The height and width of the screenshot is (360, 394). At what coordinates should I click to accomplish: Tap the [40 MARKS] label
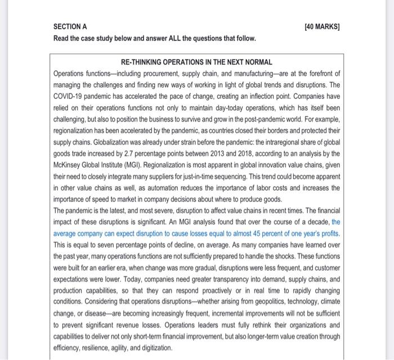[x=323, y=26]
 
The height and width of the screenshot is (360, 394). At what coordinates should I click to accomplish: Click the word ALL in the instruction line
[x=169, y=38]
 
